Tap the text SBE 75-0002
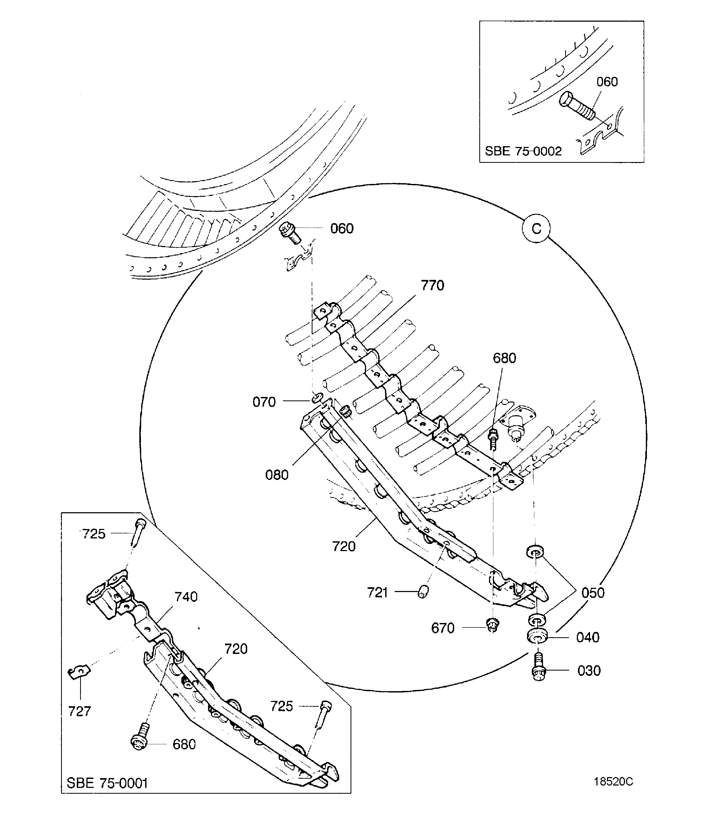click(x=523, y=151)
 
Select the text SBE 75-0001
click(x=107, y=783)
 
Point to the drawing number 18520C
click(x=613, y=781)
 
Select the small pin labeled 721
click(x=423, y=593)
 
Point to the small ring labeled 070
click(x=317, y=398)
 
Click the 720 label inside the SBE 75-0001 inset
click(x=236, y=649)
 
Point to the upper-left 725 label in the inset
click(x=94, y=534)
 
